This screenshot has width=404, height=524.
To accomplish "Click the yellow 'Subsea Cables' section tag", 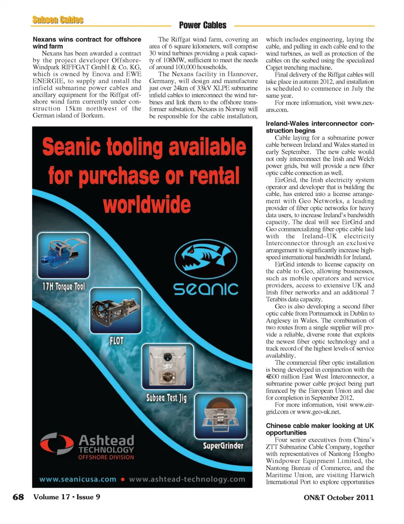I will pos(58,20).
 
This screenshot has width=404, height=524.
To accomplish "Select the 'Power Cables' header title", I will pos(202,25).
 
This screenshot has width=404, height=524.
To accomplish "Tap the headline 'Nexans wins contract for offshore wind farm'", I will pos(87,43).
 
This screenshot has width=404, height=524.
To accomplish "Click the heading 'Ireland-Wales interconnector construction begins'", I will pos(319,127).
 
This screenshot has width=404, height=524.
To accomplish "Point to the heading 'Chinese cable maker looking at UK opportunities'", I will pos(319,429).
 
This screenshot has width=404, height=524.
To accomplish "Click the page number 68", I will pos(18,497).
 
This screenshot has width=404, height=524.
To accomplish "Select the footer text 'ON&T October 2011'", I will pos(338,497).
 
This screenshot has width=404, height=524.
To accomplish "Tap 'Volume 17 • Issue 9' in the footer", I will pos(66,497).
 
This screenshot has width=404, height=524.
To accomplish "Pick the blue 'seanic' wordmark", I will pos(206,289).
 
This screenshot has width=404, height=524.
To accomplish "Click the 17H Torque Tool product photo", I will pos(63,255).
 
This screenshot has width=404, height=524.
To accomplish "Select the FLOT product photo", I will pos(116,310).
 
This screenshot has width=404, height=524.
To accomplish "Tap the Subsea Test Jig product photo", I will pos(167,366).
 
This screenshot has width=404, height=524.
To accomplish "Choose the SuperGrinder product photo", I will pos(220,415).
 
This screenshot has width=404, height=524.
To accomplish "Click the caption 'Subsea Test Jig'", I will pos(166,398).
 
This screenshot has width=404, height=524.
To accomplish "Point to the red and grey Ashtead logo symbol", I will pos(56,444).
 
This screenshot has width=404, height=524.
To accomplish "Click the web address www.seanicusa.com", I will pos(78,479).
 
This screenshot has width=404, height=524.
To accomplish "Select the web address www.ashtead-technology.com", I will pos(187,479).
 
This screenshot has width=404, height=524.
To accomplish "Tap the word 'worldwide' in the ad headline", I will pos(147,205).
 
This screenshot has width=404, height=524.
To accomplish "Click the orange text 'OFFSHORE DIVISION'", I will pos(106,457).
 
